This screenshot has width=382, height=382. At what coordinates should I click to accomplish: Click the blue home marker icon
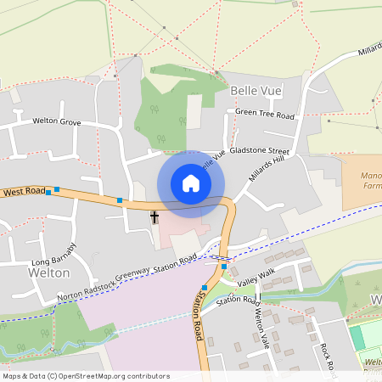coord(191,183)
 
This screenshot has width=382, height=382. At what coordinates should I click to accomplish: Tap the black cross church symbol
coord(154,217)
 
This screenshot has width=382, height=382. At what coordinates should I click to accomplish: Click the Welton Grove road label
coord(56,122)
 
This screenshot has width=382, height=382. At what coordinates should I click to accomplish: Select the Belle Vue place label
coord(255,89)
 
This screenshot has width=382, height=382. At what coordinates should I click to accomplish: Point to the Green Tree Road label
coord(265,114)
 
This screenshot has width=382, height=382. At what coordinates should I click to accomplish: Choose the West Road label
coord(24,193)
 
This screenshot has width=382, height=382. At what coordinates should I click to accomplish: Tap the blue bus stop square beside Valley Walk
coord(224,267)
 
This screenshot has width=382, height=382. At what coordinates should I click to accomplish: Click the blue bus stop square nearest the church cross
coord(120,200)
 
